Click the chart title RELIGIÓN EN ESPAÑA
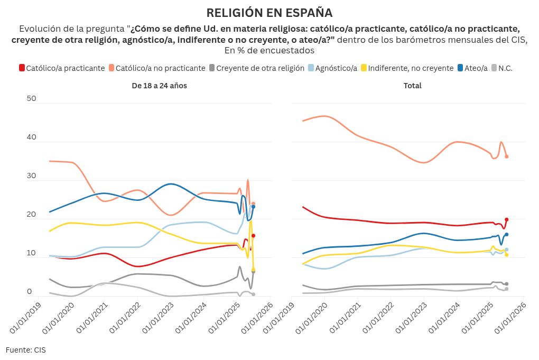[x=269, y=13]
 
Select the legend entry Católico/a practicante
[x=62, y=68]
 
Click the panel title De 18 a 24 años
[x=159, y=86]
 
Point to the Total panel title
[x=413, y=86]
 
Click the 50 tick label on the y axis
[x=32, y=99]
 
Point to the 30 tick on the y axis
[x=32, y=176]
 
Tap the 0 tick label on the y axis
[x=30, y=292]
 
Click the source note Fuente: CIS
[x=25, y=350]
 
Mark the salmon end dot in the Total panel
[x=506, y=156]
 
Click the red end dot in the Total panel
[x=506, y=219]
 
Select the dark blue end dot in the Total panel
[x=506, y=234]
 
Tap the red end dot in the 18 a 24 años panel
[x=253, y=236]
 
